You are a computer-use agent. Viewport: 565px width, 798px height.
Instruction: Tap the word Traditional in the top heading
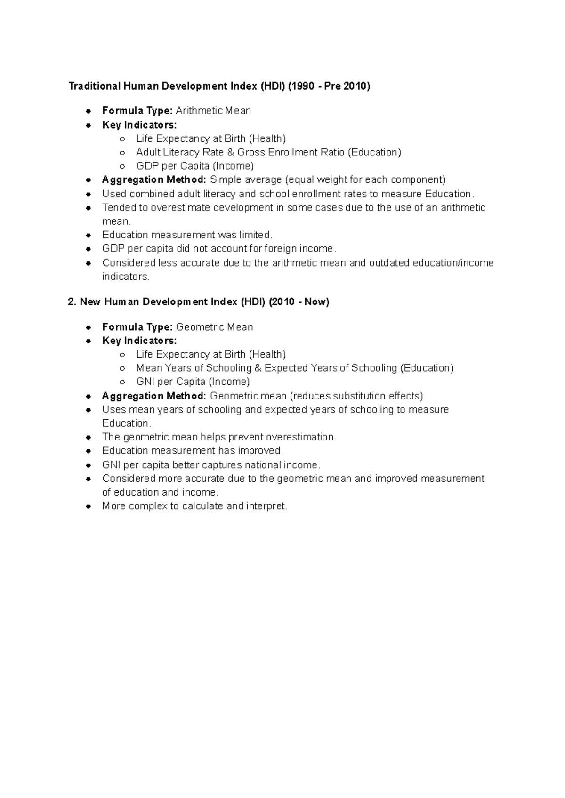point(94,86)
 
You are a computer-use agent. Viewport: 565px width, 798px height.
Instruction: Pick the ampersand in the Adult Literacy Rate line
point(231,152)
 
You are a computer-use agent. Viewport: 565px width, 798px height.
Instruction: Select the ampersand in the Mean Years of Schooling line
point(258,368)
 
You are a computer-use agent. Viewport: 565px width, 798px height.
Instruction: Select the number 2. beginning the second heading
point(72,302)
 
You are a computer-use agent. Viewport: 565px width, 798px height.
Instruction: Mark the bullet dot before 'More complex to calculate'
point(88,506)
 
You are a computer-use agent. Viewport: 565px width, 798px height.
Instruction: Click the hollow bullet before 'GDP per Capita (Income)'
point(122,166)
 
